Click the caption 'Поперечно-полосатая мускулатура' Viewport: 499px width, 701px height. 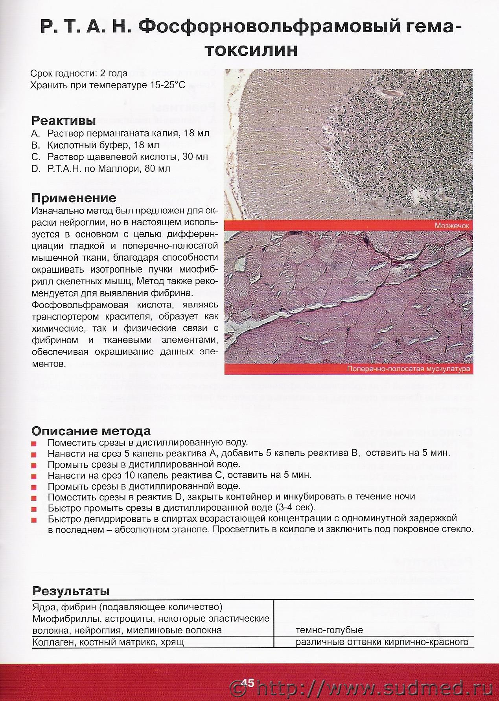point(409,369)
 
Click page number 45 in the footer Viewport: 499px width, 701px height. point(249,683)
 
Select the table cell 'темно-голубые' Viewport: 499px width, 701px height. point(329,630)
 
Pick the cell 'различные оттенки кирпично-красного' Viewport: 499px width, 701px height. point(382,642)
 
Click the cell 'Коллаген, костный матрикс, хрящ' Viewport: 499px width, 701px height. point(108,642)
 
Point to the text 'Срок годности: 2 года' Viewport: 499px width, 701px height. point(79,74)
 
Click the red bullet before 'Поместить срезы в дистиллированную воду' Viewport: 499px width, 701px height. point(34,443)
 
